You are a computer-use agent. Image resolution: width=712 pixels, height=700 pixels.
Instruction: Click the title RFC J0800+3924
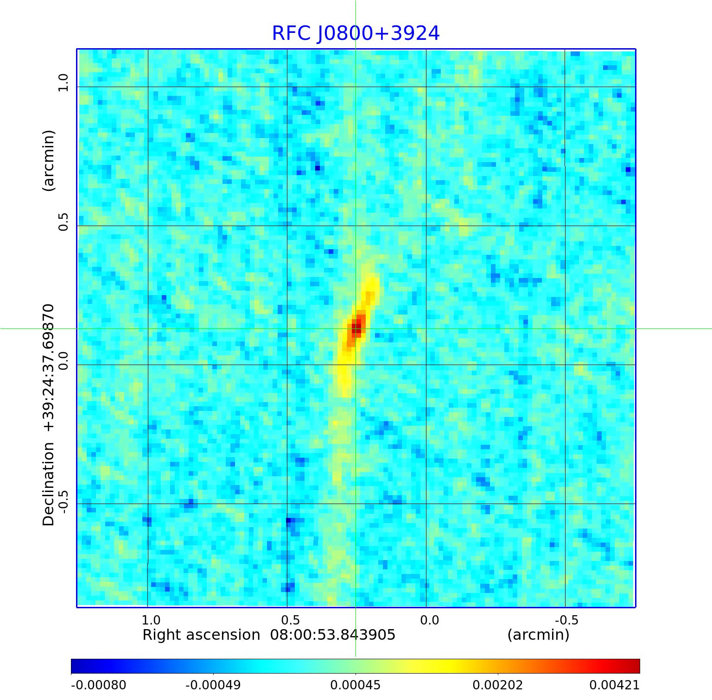point(356,33)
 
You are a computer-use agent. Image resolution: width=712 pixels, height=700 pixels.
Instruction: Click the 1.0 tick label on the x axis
point(151,620)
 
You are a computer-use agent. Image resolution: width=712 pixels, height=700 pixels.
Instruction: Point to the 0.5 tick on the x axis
point(291,620)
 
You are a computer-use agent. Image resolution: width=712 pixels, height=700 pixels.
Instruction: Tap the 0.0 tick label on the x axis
point(430,620)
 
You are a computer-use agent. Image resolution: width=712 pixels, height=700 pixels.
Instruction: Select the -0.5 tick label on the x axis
point(566,620)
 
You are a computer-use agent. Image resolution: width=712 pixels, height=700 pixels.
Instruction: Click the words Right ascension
point(201,635)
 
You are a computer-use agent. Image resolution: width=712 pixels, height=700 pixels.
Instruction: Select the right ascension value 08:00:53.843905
point(333,635)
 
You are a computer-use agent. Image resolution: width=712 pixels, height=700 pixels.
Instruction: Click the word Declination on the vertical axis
point(48,484)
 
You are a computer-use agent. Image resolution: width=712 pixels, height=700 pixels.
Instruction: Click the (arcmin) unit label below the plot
point(538,635)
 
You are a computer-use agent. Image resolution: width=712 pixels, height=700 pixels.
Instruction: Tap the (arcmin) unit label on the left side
point(48,160)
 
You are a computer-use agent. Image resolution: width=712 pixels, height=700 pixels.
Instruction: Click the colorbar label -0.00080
point(98,685)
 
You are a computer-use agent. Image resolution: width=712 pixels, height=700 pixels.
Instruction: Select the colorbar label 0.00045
point(356,685)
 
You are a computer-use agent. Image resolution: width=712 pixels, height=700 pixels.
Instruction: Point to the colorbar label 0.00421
point(615,685)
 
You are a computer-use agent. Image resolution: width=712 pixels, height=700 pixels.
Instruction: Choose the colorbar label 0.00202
point(498,685)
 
